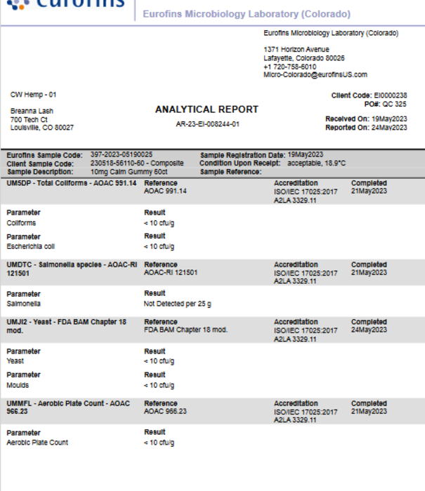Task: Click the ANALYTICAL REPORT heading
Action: click(206, 109)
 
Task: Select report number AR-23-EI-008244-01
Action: click(207, 124)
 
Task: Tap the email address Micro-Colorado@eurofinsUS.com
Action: click(315, 75)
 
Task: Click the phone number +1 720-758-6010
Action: click(289, 67)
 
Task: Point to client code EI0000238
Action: click(391, 95)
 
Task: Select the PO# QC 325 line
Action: click(386, 104)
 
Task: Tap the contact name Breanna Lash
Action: click(32, 112)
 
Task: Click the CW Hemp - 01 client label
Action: click(33, 95)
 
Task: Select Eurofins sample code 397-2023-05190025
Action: click(122, 154)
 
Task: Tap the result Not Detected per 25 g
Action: click(177, 304)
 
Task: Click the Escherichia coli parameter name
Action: click(31, 247)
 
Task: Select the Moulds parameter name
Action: click(18, 385)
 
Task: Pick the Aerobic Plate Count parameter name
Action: click(37, 443)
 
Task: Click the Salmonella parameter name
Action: click(23, 304)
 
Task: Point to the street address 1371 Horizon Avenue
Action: click(296, 49)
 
